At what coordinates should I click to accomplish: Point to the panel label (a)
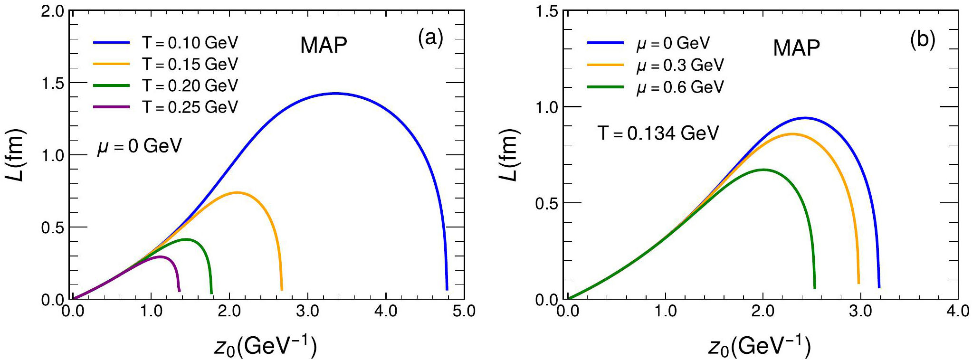pos(430,38)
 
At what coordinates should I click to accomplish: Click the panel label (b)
pos(923,39)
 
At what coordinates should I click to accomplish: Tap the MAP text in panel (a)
pos(324,45)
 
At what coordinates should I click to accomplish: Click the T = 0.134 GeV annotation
pos(658,133)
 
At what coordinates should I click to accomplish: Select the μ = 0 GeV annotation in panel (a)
pos(139,146)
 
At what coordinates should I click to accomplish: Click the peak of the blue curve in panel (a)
pos(335,94)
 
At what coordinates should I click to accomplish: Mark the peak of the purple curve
pos(160,256)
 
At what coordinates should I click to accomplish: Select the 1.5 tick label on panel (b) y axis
pos(546,11)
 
